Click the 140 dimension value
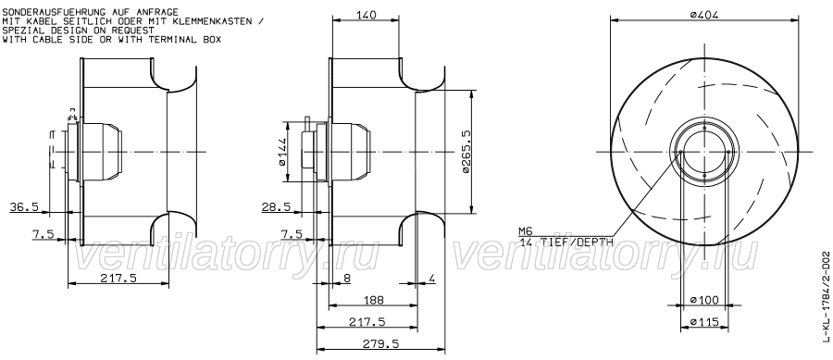click(366, 15)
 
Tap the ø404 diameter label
click(704, 15)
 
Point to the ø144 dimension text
click(281, 152)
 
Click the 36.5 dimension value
click(24, 207)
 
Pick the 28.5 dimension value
click(276, 207)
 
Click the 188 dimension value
click(374, 300)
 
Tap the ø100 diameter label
click(704, 300)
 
